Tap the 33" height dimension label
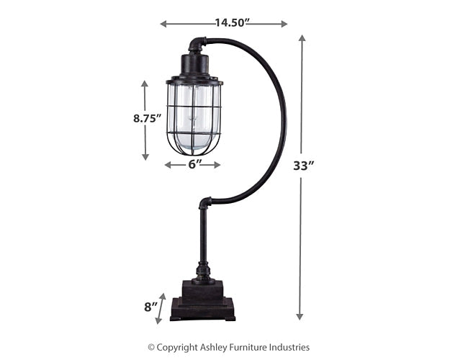pos(304,166)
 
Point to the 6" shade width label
pos(193,164)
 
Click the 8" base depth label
pos(150,307)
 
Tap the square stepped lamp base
pos(202,302)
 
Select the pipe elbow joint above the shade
pos(197,45)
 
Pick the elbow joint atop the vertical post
pos(205,203)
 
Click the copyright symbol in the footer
pos(151,348)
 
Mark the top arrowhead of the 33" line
pos(301,39)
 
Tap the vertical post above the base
pos(204,238)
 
